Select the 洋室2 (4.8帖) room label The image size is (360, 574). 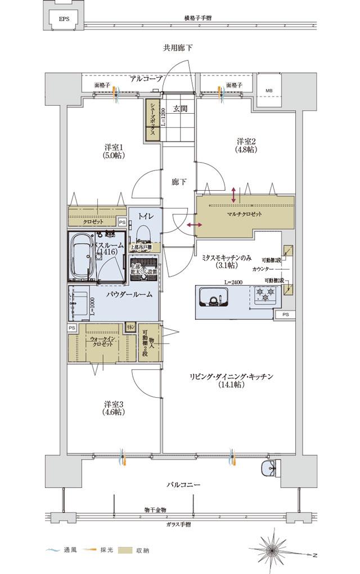[x=246, y=145]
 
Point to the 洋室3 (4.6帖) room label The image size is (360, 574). [x=113, y=407]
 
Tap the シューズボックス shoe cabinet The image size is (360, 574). [x=152, y=120]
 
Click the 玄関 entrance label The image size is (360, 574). [x=179, y=109]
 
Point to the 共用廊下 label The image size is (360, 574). [x=178, y=48]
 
